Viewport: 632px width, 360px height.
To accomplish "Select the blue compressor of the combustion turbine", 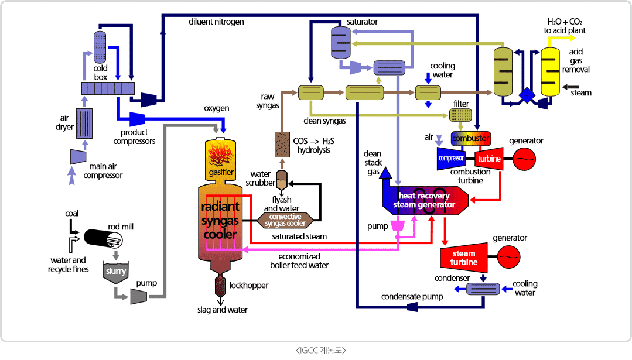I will click(x=452, y=158).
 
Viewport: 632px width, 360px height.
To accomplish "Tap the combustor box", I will click(x=470, y=139).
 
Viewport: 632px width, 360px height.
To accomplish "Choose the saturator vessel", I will click(x=340, y=41).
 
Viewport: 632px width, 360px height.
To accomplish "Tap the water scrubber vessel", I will click(x=282, y=178).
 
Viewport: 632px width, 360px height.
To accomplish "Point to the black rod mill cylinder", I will click(x=103, y=238).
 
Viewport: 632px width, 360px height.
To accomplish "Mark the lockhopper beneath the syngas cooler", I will click(x=221, y=285).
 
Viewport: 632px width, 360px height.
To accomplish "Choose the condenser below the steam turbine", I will click(x=483, y=289).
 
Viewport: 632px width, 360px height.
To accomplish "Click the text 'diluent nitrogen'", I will click(x=216, y=22).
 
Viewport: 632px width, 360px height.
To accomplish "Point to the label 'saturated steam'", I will click(x=299, y=236).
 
